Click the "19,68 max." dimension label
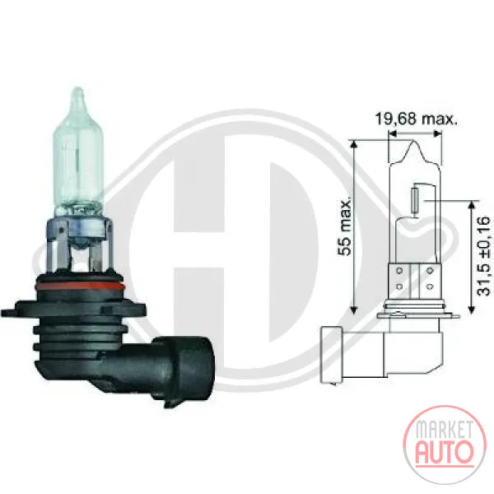click(x=416, y=119)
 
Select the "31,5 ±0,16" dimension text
click(x=484, y=256)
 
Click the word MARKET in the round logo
click(x=445, y=430)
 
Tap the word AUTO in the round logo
click(x=445, y=451)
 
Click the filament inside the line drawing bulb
click(x=415, y=202)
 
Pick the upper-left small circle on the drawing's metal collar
click(x=400, y=271)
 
